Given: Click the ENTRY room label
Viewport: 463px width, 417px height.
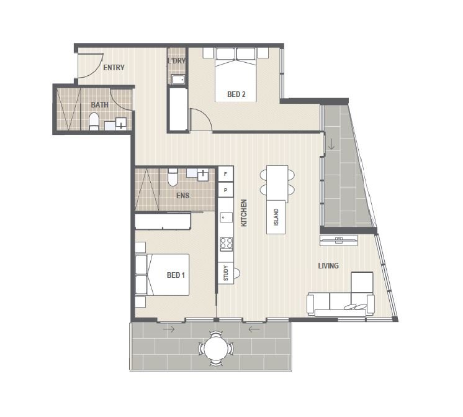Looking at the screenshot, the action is [x=114, y=68].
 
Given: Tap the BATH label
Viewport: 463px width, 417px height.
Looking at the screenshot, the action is [x=99, y=105].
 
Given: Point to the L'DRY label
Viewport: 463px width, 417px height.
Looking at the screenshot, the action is [x=176, y=61].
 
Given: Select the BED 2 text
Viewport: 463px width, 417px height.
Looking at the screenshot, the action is [x=236, y=94].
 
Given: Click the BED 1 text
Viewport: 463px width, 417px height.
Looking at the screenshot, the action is [x=176, y=275].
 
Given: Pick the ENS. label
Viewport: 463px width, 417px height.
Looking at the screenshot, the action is [x=183, y=196].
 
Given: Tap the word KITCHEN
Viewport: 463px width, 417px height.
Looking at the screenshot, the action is [x=244, y=213].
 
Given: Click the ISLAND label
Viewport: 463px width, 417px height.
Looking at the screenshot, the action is [x=276, y=218].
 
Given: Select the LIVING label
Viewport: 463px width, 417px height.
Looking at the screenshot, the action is [x=328, y=265].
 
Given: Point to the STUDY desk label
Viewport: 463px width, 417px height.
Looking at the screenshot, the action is [x=226, y=273].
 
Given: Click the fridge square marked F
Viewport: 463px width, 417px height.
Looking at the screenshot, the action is [x=226, y=174].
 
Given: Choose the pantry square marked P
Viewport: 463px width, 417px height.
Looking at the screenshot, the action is [x=226, y=190].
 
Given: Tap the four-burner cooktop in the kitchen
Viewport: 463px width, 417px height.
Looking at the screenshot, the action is [x=226, y=244].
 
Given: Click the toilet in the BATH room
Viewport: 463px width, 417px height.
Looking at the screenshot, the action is [x=94, y=121].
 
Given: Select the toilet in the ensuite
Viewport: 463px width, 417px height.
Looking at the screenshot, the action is [x=173, y=177].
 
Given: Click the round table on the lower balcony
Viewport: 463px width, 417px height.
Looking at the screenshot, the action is [x=216, y=349].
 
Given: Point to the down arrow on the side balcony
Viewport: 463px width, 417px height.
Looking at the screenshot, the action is [x=331, y=144].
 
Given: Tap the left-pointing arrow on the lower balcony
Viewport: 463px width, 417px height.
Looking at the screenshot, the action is [x=254, y=329].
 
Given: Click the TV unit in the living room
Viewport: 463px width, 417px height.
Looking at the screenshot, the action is [x=339, y=240].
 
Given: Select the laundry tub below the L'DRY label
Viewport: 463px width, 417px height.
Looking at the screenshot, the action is [x=178, y=80].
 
